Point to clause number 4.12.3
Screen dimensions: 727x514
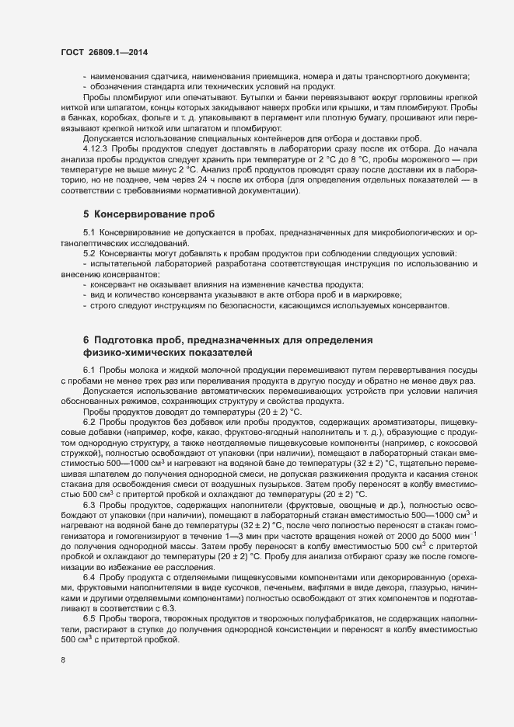(x=97, y=147)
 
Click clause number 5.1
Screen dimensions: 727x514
(x=89, y=234)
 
